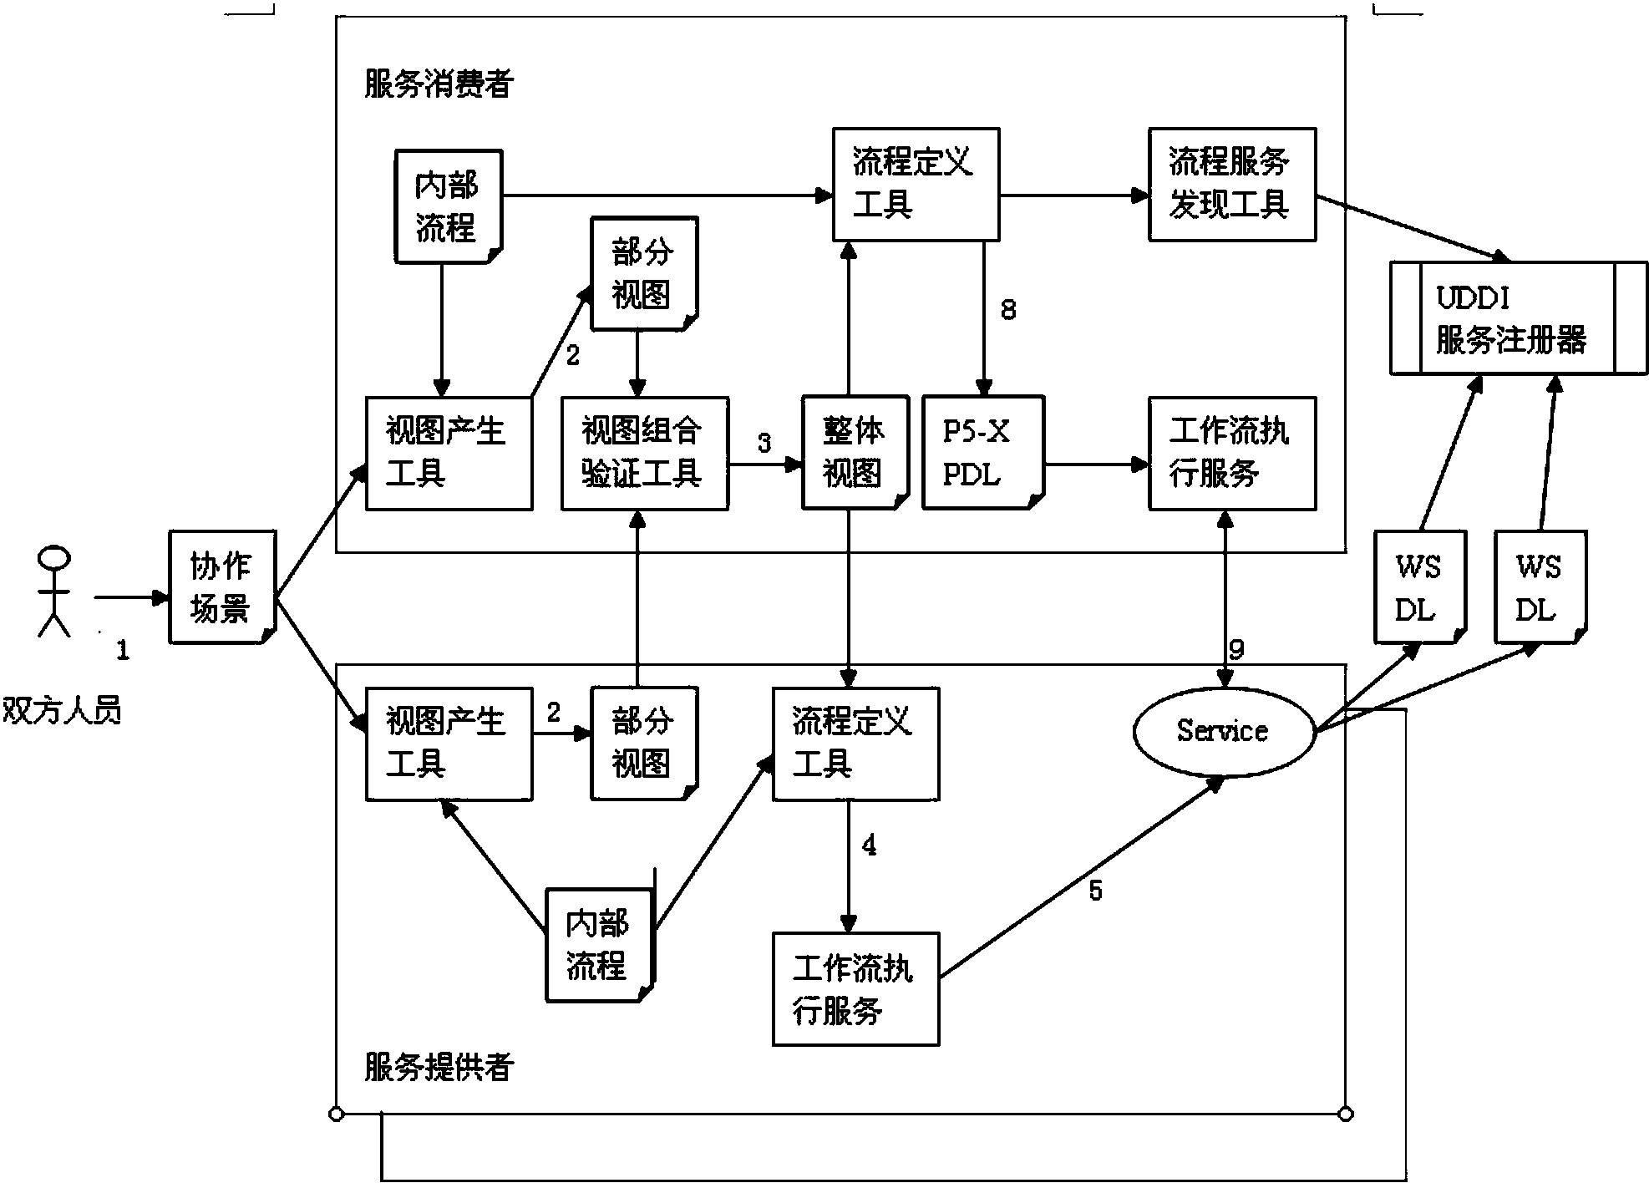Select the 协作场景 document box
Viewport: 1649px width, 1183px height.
(x=221, y=587)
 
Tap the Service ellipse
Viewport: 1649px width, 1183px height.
(x=1223, y=731)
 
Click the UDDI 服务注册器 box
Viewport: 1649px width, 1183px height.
(x=1518, y=318)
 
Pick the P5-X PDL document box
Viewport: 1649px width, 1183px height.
(x=982, y=453)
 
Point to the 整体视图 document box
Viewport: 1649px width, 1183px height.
(x=854, y=453)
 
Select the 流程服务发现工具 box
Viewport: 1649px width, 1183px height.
(x=1231, y=185)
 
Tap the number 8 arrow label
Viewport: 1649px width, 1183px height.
(x=1008, y=310)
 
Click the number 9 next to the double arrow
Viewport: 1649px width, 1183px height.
(x=1237, y=649)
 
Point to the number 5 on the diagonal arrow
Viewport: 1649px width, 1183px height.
(x=1095, y=891)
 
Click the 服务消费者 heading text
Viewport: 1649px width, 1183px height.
(x=438, y=84)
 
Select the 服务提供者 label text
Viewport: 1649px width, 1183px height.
(x=438, y=1067)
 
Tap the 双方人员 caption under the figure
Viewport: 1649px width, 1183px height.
(x=62, y=710)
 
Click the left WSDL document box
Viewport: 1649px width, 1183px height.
(x=1419, y=587)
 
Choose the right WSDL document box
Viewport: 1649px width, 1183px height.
(x=1540, y=587)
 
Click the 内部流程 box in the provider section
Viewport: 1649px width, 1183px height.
(x=599, y=945)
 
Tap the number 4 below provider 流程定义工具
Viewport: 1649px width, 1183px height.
(x=869, y=845)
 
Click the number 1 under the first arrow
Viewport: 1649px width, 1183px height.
(x=123, y=650)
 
